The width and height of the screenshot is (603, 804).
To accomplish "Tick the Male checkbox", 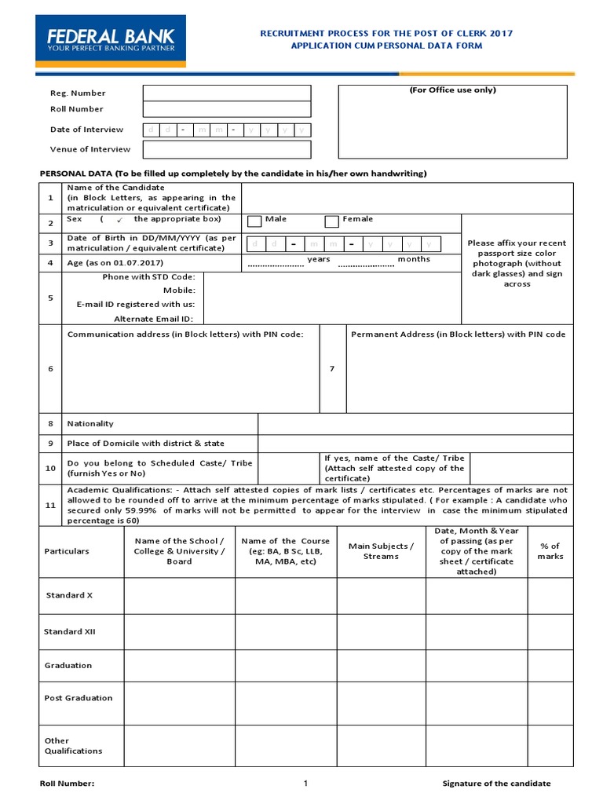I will (x=254, y=221).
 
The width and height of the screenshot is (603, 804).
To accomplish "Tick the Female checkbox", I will (x=331, y=221).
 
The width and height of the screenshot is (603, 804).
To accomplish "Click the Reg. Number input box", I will (x=227, y=93).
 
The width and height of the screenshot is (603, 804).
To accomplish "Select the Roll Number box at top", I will (x=227, y=109).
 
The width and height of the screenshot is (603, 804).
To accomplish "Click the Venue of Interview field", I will (x=227, y=149).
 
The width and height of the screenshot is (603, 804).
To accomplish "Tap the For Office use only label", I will (x=452, y=90).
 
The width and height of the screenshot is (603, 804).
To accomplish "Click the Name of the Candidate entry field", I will (x=407, y=198).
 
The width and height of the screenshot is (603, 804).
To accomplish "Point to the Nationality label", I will (x=90, y=423).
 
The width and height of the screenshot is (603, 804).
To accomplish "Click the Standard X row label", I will (x=69, y=595).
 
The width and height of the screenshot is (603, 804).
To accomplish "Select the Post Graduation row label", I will (x=79, y=698).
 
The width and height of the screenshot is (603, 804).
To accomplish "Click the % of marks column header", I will (x=550, y=551).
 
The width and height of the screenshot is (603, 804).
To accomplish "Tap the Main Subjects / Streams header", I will (x=381, y=551).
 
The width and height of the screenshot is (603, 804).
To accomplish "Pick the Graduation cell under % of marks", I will (x=550, y=665).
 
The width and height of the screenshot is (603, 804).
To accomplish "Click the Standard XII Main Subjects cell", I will (x=381, y=631).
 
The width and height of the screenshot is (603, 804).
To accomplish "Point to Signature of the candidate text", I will (x=496, y=784).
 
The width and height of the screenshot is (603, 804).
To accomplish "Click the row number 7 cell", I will (x=332, y=369).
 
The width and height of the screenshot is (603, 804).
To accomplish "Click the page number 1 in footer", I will (x=306, y=783).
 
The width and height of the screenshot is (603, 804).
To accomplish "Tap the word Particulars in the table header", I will (x=67, y=551).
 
